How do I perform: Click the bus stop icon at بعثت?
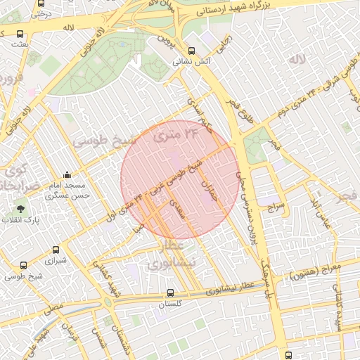click(x=20, y=33)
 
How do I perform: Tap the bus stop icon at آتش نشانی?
click(x=192, y=51)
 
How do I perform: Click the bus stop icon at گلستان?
click(x=171, y=292)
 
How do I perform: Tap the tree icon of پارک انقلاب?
click(x=20, y=209)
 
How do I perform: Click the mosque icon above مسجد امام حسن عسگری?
click(x=67, y=175)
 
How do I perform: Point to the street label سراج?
click(x=275, y=206)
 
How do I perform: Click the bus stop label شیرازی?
click(x=55, y=262)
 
